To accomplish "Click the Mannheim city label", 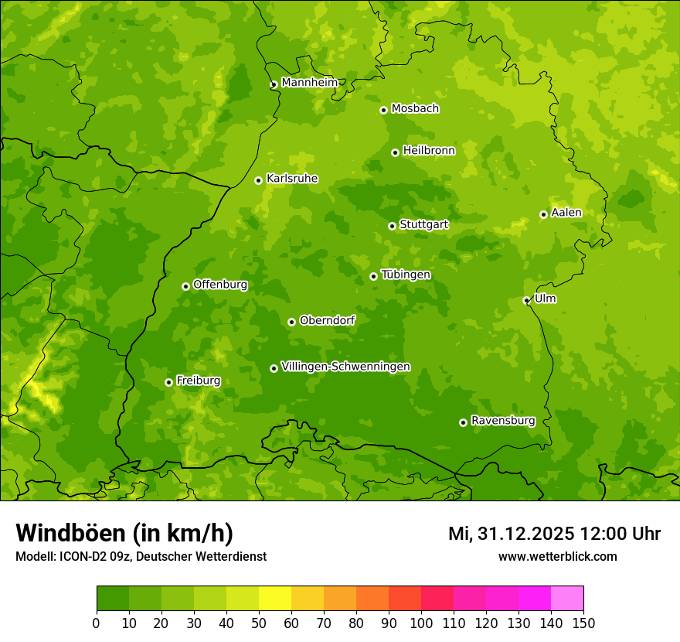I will tap(309, 83).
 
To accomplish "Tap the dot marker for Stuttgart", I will tap(392, 226).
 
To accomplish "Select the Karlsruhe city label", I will tap(292, 179).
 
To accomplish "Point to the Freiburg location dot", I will tap(168, 382).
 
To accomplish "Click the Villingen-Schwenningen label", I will tap(345, 367).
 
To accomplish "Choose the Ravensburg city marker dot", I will tap(463, 422).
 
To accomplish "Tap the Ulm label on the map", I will tap(545, 299).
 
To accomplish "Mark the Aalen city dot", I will tap(543, 214).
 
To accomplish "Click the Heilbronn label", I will tap(429, 151).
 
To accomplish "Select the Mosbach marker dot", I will tap(383, 110).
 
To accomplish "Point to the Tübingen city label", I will tap(406, 275).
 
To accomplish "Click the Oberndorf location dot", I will tap(291, 322).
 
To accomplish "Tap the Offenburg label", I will tap(220, 285).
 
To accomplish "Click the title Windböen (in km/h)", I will tap(124, 533).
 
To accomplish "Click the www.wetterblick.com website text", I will tap(557, 556).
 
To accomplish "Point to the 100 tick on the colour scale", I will tap(420, 623).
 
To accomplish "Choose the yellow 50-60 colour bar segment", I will tap(275, 599).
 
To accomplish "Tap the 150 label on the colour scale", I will tap(583, 623).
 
